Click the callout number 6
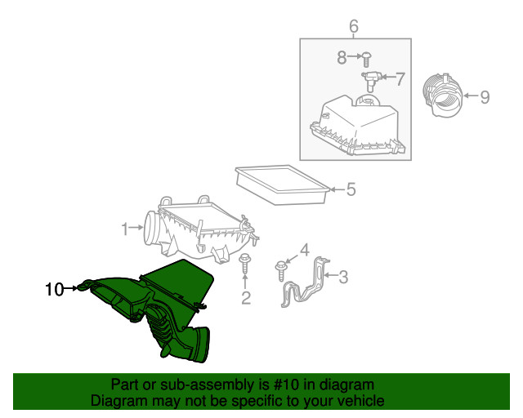tap(354, 26)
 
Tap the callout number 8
tap(342, 57)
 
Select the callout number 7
tap(400, 79)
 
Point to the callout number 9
tap(485, 97)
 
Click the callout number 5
tap(351, 189)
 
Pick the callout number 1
tap(125, 229)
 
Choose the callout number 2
tap(246, 298)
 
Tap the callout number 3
tap(343, 277)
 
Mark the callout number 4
tap(305, 250)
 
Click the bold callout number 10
tap(55, 289)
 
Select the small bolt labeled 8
tap(366, 60)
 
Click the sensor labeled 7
tap(370, 81)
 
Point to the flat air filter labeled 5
tap(282, 185)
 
